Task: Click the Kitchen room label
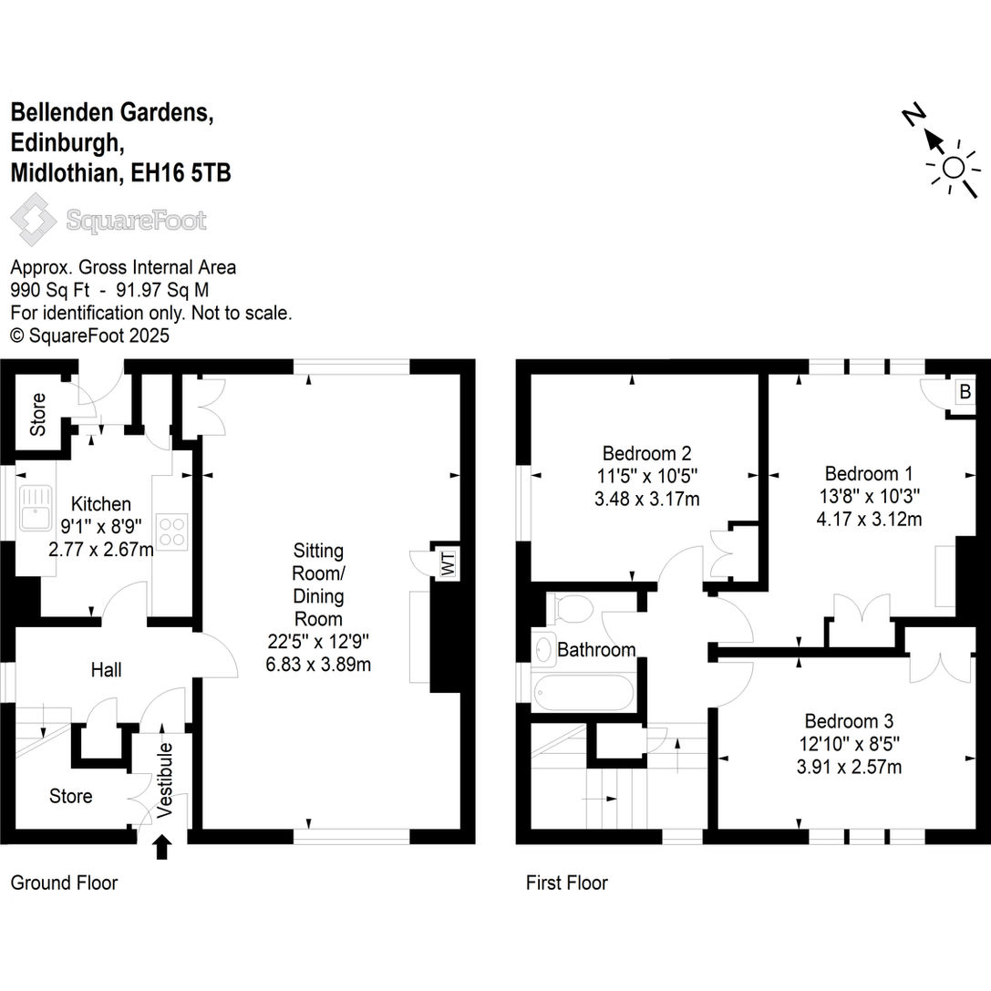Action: click(x=101, y=504)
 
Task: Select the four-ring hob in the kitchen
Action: click(x=170, y=531)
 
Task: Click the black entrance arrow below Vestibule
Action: click(x=162, y=848)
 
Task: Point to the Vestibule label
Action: click(x=164, y=779)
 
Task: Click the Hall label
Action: click(x=106, y=670)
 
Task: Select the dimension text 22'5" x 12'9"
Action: click(x=318, y=642)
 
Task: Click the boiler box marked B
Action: click(x=964, y=392)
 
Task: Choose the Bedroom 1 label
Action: click(x=868, y=473)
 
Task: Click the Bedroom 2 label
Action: click(x=646, y=453)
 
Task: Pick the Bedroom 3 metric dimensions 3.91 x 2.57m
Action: click(x=849, y=767)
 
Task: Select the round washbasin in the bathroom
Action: click(x=543, y=649)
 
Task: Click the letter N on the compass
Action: click(x=914, y=117)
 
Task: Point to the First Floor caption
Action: click(x=566, y=883)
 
